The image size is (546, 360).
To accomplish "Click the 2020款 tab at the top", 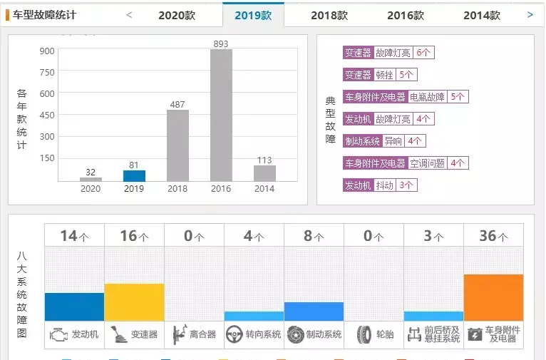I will point(177,15).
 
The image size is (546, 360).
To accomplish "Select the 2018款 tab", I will point(329,15).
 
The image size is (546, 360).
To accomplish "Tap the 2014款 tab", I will point(482,15).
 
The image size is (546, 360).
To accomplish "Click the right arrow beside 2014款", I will point(530,14).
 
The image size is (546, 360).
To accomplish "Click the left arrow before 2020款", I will point(129,14).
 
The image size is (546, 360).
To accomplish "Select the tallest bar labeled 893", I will point(221,114).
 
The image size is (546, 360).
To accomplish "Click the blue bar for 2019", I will point(134,175).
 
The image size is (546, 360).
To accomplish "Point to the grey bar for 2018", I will point(177,145).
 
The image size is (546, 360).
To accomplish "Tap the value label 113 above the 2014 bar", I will point(264,160).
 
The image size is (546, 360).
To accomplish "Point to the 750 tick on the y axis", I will point(47,72).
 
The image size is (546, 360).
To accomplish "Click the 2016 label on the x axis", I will point(221,189).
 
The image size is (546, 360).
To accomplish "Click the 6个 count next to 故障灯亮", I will point(423,53).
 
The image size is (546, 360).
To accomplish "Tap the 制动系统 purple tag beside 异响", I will point(363,141).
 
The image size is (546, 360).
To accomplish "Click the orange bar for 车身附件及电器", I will point(493,297).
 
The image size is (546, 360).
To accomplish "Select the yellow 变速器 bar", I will point(134,302).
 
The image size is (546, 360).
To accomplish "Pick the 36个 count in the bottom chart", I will point(493,236).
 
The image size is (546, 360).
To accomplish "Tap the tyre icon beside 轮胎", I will point(364,334).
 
